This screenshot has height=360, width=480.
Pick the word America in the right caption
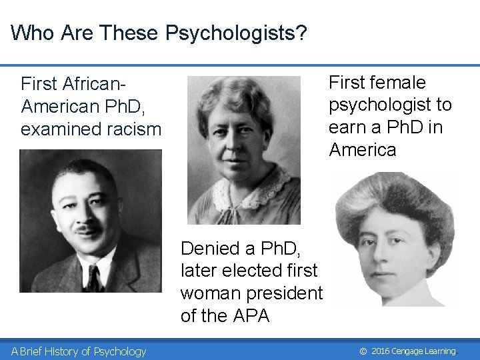362,150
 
